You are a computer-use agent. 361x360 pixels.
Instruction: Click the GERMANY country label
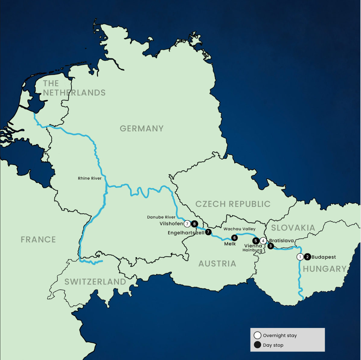142,129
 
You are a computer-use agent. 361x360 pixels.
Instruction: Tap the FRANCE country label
38,240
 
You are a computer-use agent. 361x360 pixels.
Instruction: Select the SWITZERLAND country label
95,282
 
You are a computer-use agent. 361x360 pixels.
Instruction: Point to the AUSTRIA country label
217,264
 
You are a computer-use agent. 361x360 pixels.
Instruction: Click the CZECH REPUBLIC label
233,204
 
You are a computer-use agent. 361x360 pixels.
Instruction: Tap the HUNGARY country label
325,269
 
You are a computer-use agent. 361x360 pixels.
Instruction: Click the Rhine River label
90,178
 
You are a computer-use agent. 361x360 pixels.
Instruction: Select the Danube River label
161,217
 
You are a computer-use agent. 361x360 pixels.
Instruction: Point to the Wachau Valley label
239,229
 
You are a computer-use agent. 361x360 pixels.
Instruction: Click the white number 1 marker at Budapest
300,257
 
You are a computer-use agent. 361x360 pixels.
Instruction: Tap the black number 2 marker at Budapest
307,257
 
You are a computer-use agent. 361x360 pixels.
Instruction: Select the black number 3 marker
270,246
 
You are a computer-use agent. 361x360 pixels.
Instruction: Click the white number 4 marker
263,241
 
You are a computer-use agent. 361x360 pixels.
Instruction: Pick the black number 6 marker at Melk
234,238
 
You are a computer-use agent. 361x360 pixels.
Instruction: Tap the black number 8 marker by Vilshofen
194,224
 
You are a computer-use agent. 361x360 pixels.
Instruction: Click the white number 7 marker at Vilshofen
187,224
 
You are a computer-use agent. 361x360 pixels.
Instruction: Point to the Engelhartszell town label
186,233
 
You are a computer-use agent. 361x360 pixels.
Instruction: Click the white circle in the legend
257,335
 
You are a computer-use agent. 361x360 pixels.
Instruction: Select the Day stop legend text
273,345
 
